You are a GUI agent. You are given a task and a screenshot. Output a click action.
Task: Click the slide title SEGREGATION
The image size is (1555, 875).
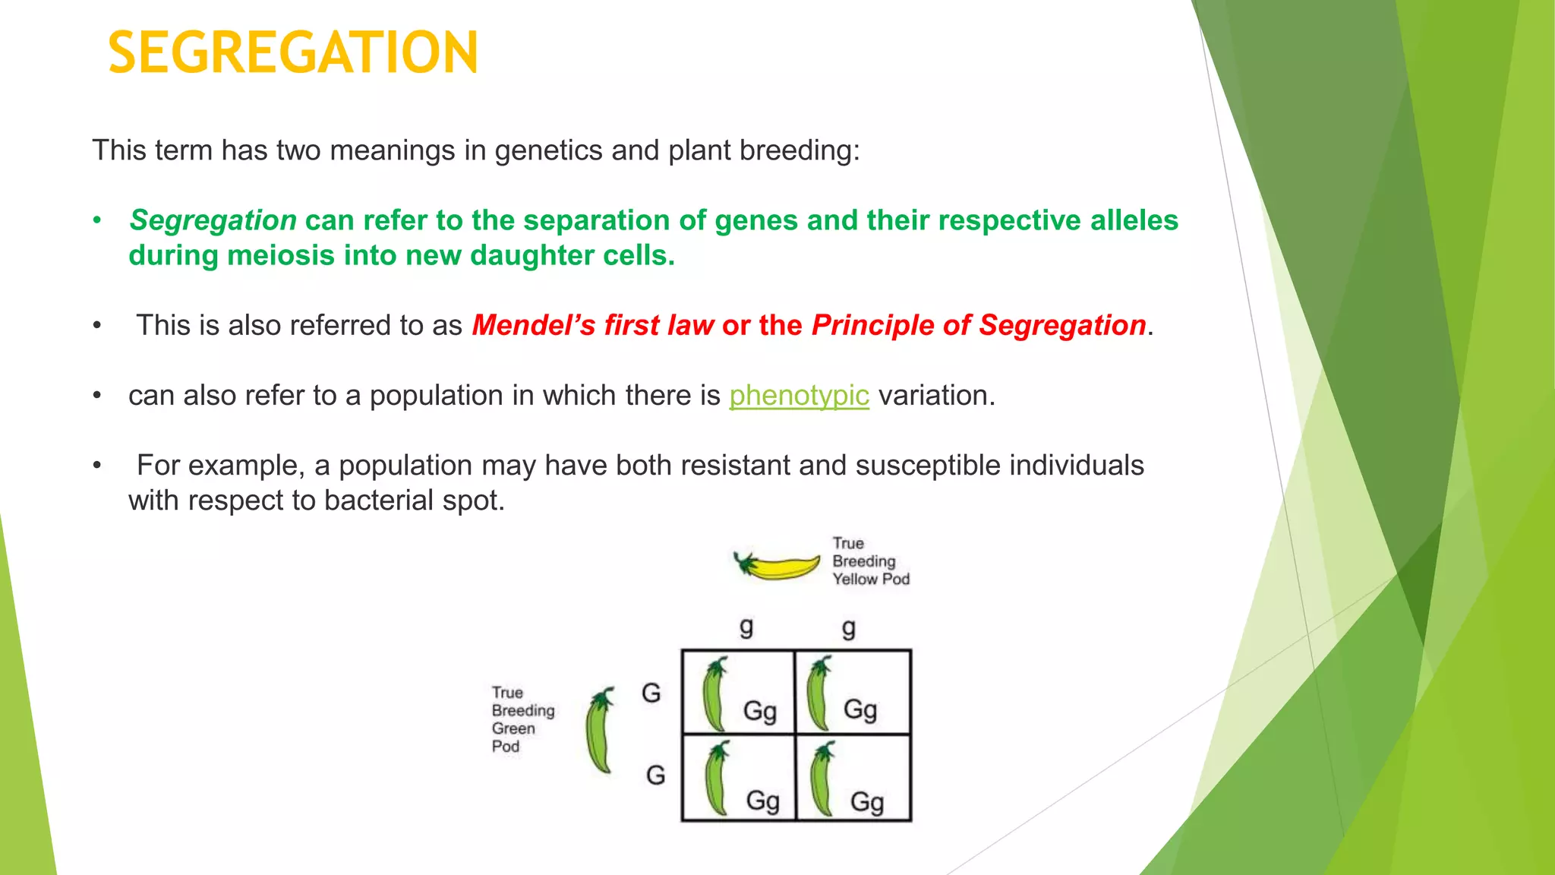click(x=293, y=53)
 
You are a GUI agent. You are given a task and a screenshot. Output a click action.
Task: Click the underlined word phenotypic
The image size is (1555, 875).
click(x=799, y=396)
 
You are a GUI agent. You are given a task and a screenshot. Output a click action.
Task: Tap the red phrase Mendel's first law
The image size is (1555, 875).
click(x=592, y=326)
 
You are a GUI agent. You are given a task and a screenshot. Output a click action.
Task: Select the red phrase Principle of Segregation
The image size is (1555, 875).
click(x=978, y=326)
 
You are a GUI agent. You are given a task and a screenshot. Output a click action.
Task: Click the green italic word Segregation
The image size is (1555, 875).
click(x=213, y=220)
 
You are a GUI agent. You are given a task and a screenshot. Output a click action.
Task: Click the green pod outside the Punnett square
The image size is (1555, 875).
click(x=600, y=731)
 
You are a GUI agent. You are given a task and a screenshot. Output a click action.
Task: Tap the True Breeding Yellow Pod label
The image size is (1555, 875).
click(x=869, y=561)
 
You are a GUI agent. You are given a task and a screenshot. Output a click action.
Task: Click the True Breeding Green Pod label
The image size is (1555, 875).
click(x=522, y=719)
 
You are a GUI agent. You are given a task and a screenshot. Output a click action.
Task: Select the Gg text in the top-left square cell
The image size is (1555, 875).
click(x=759, y=712)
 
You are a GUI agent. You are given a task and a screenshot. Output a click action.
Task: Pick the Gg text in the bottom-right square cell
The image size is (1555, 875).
click(x=866, y=802)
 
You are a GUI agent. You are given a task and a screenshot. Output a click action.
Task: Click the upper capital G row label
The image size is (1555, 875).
click(x=651, y=693)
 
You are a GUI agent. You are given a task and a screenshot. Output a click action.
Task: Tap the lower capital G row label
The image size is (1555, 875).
click(x=655, y=775)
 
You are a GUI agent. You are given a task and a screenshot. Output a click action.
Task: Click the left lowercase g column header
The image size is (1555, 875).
click(x=746, y=627)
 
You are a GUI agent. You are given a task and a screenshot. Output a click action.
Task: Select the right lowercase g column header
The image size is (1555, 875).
click(x=849, y=629)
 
